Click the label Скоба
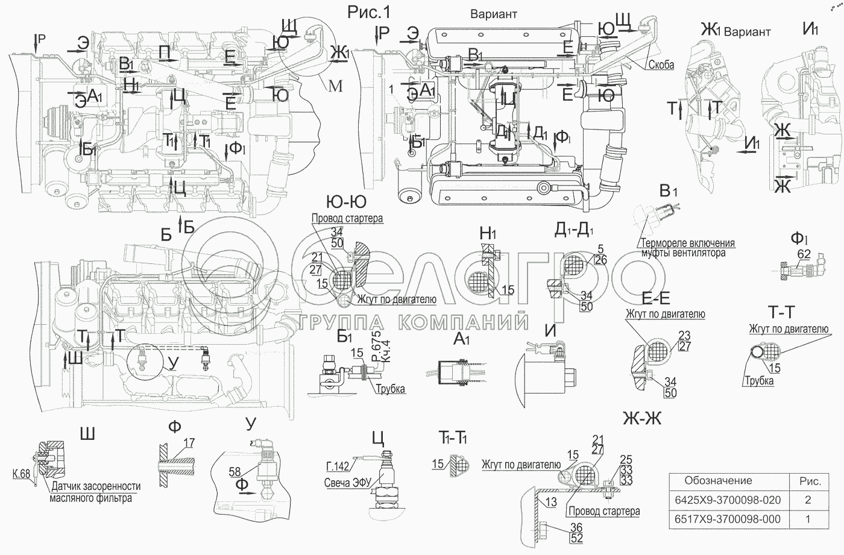pyautogui.click(x=662, y=64)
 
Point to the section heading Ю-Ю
pyautogui.click(x=345, y=201)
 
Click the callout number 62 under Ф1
pyautogui.click(x=804, y=254)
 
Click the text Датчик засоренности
pyautogui.click(x=96, y=486)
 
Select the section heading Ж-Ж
pyautogui.click(x=642, y=419)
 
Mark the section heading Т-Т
pyautogui.click(x=781, y=312)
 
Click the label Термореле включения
pyautogui.click(x=688, y=243)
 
